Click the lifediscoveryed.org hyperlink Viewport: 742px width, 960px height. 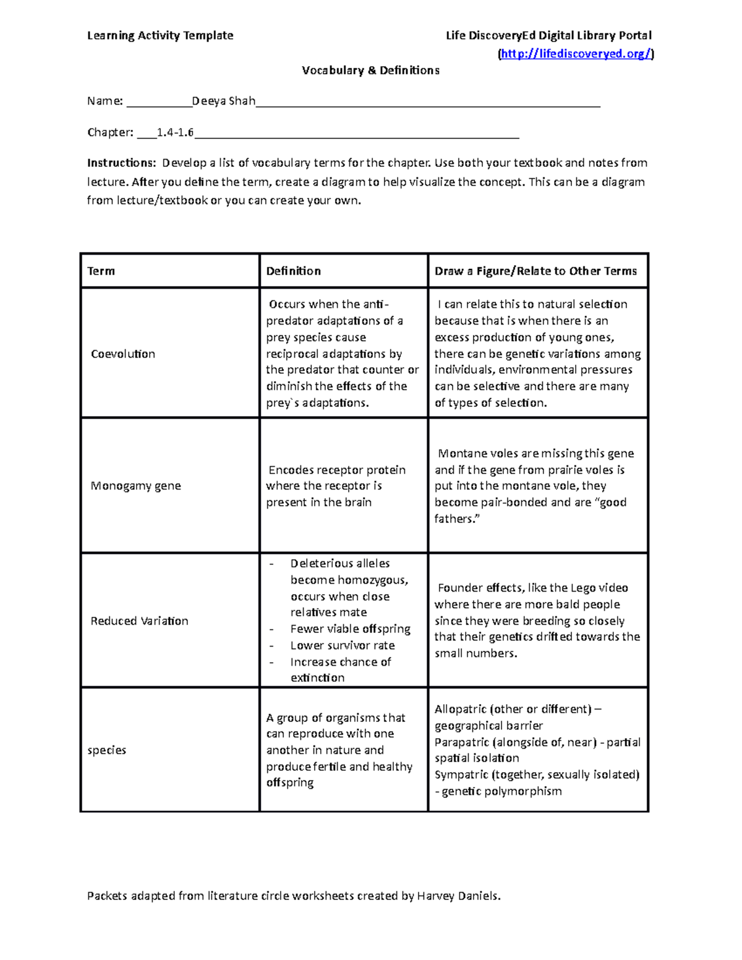[576, 54]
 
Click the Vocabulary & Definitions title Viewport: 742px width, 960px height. [370, 70]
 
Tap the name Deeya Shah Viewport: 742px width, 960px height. [224, 101]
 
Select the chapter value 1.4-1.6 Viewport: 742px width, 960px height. [175, 132]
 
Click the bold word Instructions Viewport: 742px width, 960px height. [121, 163]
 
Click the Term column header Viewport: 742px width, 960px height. [101, 271]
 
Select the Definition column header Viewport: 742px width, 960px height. [293, 271]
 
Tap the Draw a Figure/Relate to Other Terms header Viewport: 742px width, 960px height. [535, 271]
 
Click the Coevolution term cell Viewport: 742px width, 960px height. [123, 354]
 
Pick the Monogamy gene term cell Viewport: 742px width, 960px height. [136, 485]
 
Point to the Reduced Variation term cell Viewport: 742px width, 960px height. [139, 621]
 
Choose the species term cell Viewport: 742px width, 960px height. [107, 750]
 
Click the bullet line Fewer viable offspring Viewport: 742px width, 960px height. [350, 629]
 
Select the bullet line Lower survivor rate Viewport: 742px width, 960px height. [343, 645]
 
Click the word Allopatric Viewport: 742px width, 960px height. [460, 709]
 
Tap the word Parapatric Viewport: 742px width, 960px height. [461, 742]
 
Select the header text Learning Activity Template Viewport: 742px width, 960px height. [160, 35]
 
